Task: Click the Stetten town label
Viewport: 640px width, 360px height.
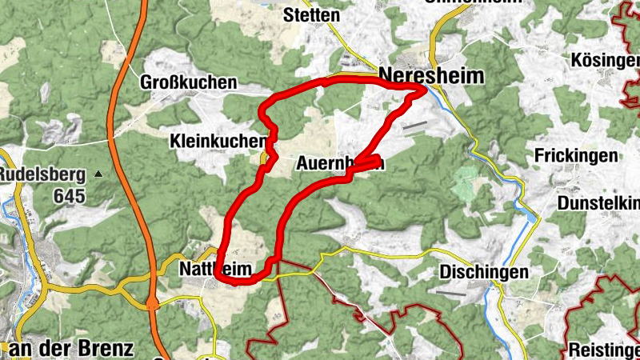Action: tap(312, 15)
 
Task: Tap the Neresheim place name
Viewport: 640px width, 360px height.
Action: tap(432, 75)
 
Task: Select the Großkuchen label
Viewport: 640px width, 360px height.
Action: tap(188, 82)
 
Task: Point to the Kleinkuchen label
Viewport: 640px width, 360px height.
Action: tap(218, 142)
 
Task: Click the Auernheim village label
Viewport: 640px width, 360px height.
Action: tap(340, 164)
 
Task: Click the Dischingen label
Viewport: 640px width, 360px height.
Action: tap(484, 273)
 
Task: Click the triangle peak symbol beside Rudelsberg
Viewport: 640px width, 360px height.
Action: tap(98, 174)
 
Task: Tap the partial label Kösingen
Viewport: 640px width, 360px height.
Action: tap(606, 61)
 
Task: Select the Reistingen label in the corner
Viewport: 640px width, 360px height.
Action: tap(603, 350)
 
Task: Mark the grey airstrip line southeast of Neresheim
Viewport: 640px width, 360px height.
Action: tap(415, 126)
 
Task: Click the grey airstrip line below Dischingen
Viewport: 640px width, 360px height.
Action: tap(451, 293)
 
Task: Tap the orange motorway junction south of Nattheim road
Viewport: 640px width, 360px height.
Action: tap(152, 303)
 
